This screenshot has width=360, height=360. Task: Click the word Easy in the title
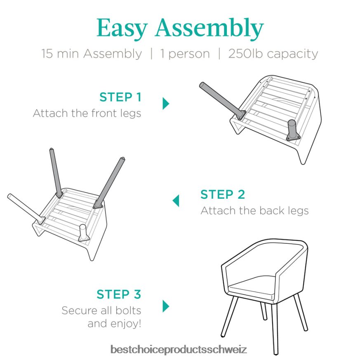[122, 28]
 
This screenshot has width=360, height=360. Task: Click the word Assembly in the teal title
[209, 28]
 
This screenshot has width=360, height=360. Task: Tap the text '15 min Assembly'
[92, 54]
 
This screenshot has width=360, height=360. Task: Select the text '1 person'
[185, 54]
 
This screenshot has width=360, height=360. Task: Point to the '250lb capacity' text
[273, 54]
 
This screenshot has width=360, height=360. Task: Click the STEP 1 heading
[120, 97]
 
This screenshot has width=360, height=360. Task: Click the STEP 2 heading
[223, 195]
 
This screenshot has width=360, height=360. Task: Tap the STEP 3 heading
[119, 294]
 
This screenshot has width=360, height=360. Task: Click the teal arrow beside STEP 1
[166, 104]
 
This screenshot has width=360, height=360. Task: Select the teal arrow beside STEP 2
[176, 201]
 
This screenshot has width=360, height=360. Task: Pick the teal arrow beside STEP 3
[166, 306]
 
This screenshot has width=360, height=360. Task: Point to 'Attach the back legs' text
[254, 211]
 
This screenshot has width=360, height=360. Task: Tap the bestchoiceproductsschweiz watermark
[179, 349]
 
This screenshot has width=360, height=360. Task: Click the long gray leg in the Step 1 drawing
[222, 101]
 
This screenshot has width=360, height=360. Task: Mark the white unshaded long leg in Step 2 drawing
[26, 209]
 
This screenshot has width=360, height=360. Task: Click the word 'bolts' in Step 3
[128, 311]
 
